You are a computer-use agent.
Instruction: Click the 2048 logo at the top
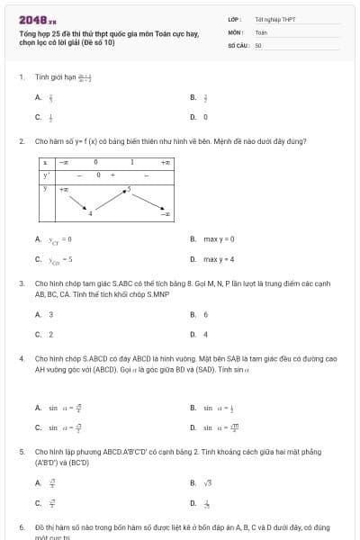click(x=37, y=19)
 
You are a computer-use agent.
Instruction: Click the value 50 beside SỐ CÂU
click(x=257, y=43)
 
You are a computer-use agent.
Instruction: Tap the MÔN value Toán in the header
click(x=261, y=31)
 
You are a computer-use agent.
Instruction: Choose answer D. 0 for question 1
click(x=200, y=117)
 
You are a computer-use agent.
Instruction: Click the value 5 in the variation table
click(x=130, y=189)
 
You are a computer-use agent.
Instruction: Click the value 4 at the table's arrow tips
click(x=90, y=213)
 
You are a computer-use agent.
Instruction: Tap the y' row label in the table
click(x=45, y=175)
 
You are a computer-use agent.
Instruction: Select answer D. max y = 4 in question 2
click(x=212, y=259)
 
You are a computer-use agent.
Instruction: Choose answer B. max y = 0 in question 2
click(x=212, y=238)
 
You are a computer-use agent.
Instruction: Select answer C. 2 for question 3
click(x=44, y=334)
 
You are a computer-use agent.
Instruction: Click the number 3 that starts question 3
click(x=21, y=283)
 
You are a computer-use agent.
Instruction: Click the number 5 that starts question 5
click(x=21, y=451)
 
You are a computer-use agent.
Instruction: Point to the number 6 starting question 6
click(x=21, y=526)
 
